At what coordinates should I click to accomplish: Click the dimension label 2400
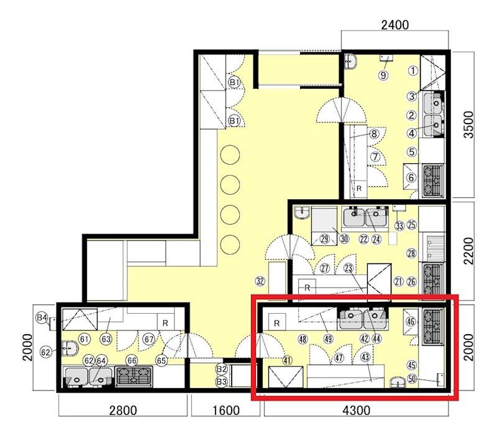[x=395, y=25]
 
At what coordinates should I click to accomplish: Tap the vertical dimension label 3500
[x=468, y=124]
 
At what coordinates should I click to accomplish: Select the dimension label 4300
[x=356, y=411]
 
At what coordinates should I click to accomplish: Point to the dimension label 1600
[x=226, y=411]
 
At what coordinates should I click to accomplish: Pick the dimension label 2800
[x=123, y=411]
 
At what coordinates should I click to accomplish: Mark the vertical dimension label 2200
[x=468, y=251]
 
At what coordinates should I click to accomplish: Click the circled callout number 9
[x=383, y=75]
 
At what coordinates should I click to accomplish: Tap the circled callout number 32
[x=260, y=281]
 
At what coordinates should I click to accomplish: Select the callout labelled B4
[x=42, y=317]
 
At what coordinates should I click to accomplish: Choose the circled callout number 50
[x=412, y=378]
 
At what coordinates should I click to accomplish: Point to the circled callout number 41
[x=288, y=360]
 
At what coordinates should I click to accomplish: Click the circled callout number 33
[x=399, y=225]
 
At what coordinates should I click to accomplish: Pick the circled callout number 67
[x=149, y=339]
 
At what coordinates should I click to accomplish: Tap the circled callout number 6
[x=411, y=178]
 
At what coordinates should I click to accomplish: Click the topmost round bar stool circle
[x=230, y=155]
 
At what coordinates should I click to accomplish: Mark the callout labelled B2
[x=222, y=369]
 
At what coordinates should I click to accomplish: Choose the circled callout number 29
[x=324, y=239]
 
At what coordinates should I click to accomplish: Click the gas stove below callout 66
[x=134, y=376]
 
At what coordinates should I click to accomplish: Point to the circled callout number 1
[x=413, y=70]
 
